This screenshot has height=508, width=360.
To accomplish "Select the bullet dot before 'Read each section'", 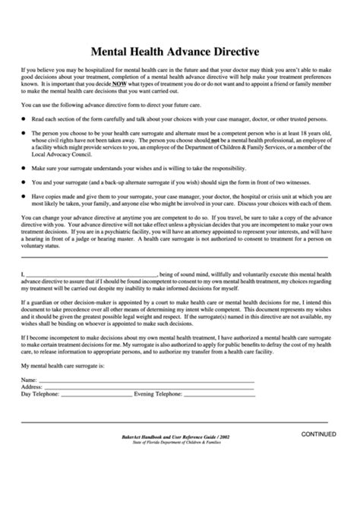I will pyautogui.click(x=24, y=120).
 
